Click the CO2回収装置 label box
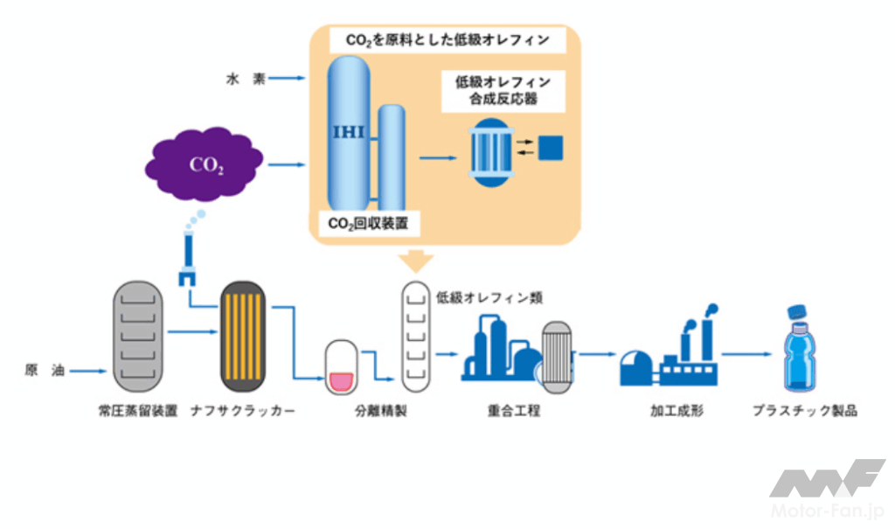pyautogui.click(x=368, y=224)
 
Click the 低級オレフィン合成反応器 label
pyautogui.click(x=502, y=90)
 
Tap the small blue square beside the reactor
pyautogui.click(x=551, y=148)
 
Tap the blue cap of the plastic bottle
pyautogui.click(x=796, y=313)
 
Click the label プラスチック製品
pyautogui.click(x=805, y=409)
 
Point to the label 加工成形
pyautogui.click(x=670, y=409)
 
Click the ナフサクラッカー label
pyautogui.click(x=243, y=409)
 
